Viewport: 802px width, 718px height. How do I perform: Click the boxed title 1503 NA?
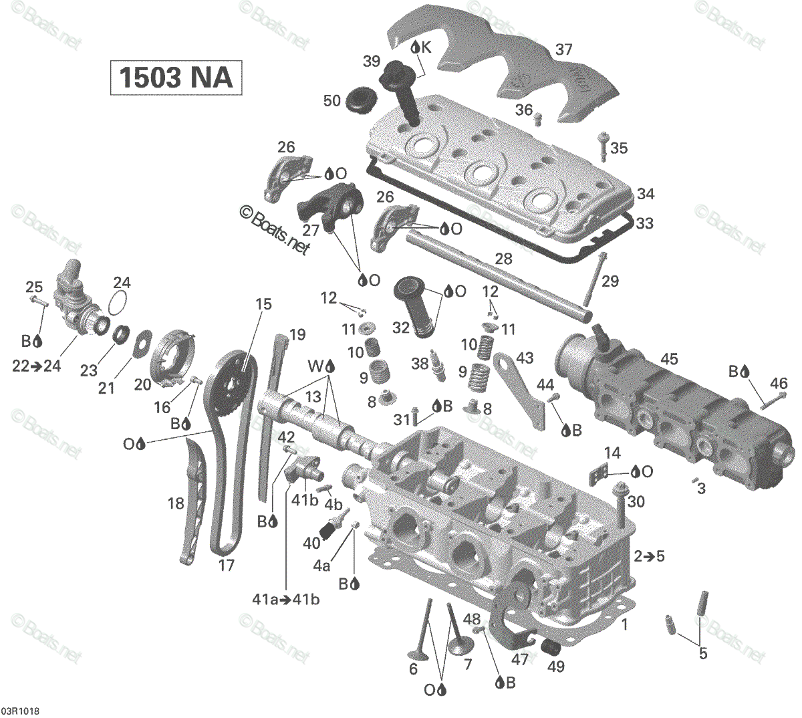tap(176, 78)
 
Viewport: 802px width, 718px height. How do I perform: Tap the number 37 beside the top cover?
tap(563, 50)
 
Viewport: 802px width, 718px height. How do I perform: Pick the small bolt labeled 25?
tap(39, 302)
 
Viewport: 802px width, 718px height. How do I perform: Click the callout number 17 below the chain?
tap(226, 565)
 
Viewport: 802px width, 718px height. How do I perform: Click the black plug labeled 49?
tap(551, 650)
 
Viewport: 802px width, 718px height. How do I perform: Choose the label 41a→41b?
tap(285, 600)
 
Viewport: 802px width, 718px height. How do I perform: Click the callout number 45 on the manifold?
tap(669, 359)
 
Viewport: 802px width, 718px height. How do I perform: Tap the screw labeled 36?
tap(537, 118)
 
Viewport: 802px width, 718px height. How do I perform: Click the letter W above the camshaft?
tap(315, 366)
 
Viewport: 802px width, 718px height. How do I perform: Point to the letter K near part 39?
tap(426, 48)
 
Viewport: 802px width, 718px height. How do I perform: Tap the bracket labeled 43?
tap(519, 390)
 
